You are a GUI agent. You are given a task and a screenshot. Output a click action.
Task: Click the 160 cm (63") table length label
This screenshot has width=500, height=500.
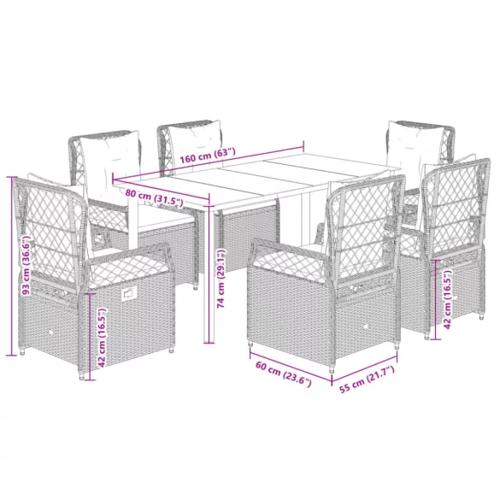[208, 156]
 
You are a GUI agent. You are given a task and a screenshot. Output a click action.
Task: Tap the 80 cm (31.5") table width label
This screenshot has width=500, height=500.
[154, 198]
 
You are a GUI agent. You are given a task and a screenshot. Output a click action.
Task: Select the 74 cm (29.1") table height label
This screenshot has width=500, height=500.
[221, 279]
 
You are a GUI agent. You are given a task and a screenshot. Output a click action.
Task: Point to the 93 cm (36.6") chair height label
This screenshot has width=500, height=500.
[26, 265]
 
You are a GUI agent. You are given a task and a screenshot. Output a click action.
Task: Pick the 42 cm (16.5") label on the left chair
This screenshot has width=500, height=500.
[102, 338]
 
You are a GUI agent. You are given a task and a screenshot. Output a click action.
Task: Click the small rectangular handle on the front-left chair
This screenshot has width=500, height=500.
[128, 292]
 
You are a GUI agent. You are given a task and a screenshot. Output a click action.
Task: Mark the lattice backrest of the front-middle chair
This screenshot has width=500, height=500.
[362, 230]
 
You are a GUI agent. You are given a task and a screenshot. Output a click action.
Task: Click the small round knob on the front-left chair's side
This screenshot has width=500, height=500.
[50, 332]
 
